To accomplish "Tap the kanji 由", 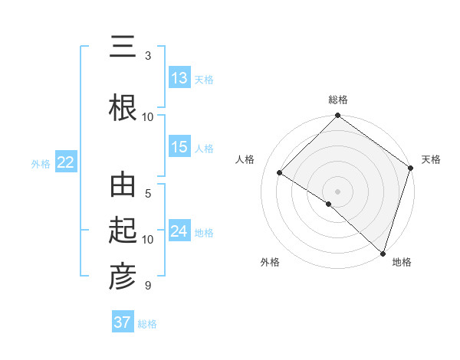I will click(122, 187).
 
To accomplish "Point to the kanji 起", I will click(122, 231).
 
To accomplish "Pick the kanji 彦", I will click(122, 277).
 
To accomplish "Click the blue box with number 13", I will click(179, 78).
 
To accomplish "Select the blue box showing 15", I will click(179, 147).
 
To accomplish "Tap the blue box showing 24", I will click(179, 231).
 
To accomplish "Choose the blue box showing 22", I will click(65, 162).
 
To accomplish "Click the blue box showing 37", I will click(122, 322).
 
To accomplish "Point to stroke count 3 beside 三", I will click(148, 55).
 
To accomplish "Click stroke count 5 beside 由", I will click(148, 193).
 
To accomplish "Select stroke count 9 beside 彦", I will click(148, 285).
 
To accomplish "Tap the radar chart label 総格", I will click(338, 100).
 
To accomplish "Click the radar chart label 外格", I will click(270, 262).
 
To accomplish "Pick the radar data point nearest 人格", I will click(280, 173).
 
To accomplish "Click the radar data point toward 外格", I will click(329, 204).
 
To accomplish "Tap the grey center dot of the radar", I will click(337, 191).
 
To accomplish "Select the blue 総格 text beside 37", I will click(148, 324).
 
